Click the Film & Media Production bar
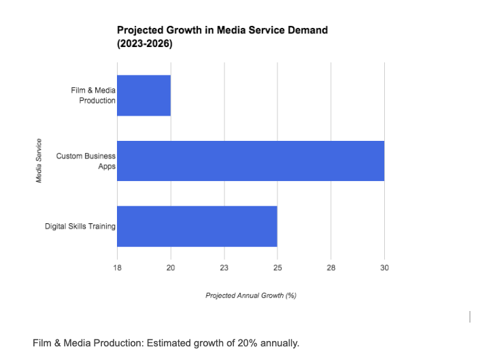point(143,95)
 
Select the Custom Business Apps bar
point(250,161)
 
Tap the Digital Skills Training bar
point(197,226)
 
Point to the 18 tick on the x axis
point(117,268)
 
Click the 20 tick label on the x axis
point(171,268)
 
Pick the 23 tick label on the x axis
point(224,268)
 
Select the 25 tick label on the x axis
point(277,268)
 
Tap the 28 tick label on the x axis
point(331,268)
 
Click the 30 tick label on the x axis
point(384,268)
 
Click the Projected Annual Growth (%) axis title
point(251,295)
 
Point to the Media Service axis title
point(39,161)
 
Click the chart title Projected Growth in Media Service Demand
point(222,30)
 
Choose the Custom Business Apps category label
point(86,161)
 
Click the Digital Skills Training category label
point(80,226)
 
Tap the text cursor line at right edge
point(469,316)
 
